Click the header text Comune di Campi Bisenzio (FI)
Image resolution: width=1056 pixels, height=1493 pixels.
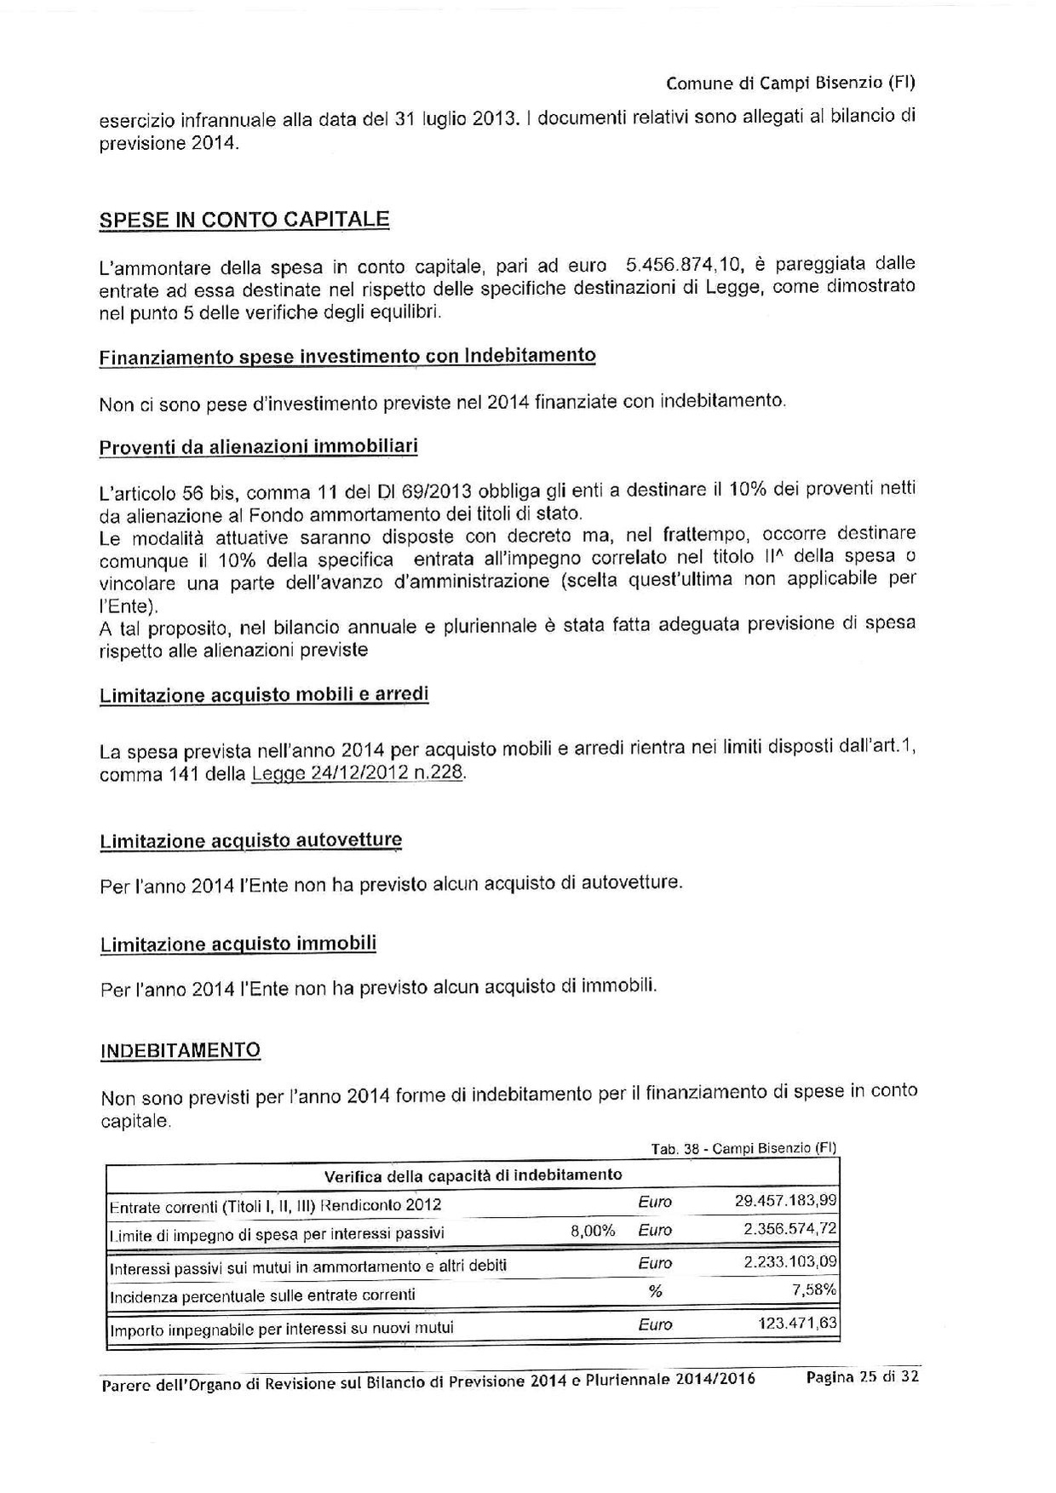789,83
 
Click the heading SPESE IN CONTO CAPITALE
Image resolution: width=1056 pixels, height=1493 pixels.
244,219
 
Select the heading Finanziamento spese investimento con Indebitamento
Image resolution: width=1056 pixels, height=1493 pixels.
347,356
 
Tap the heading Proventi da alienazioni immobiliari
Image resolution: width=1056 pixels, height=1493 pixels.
258,447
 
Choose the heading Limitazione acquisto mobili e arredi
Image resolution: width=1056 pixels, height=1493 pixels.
264,695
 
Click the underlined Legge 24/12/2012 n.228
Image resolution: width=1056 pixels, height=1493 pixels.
359,773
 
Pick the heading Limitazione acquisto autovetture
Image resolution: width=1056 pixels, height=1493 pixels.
250,841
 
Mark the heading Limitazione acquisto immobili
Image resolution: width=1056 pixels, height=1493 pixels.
238,945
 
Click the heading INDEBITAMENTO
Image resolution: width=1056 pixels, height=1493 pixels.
181,1050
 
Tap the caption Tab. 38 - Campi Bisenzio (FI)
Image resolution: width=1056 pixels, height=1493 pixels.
743,1148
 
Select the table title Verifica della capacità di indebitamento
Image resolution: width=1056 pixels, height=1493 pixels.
473,1176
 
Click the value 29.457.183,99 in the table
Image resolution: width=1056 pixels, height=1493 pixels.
785,1201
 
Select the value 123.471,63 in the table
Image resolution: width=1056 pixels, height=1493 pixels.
796,1324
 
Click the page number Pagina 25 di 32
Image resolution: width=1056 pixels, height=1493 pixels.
862,1376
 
